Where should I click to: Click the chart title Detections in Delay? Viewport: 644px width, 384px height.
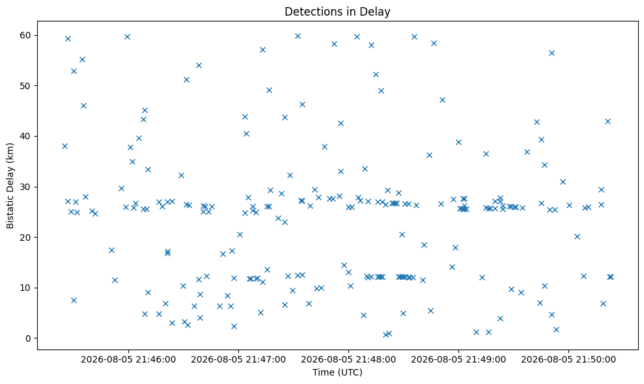[x=337, y=12]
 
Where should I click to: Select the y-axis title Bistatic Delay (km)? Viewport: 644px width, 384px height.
[x=10, y=185]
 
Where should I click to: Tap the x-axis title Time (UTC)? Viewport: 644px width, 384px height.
[x=337, y=372]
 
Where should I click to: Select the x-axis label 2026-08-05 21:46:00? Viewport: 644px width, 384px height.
[x=128, y=360]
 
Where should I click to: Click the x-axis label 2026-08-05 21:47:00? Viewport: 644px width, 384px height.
[x=238, y=360]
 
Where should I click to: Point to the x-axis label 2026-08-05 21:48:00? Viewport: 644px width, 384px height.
[x=348, y=360]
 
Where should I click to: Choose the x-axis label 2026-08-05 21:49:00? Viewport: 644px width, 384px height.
[x=458, y=360]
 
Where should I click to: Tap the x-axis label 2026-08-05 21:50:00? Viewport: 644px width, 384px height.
[x=568, y=360]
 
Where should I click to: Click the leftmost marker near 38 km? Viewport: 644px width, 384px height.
[x=64, y=146]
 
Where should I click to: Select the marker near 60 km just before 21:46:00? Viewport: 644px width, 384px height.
[x=127, y=37]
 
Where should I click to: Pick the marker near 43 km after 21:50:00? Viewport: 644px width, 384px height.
[x=608, y=121]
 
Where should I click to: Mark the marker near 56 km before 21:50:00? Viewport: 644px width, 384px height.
[x=552, y=53]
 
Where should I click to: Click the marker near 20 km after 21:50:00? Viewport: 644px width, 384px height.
[x=577, y=236]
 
